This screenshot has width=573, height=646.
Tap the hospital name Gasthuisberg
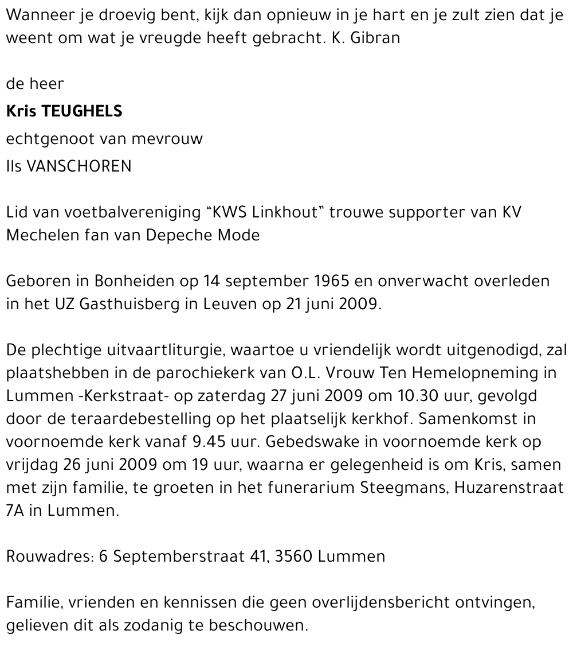click(x=128, y=304)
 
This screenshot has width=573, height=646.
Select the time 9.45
click(x=189, y=442)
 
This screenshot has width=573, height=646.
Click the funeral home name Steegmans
click(x=405, y=488)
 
